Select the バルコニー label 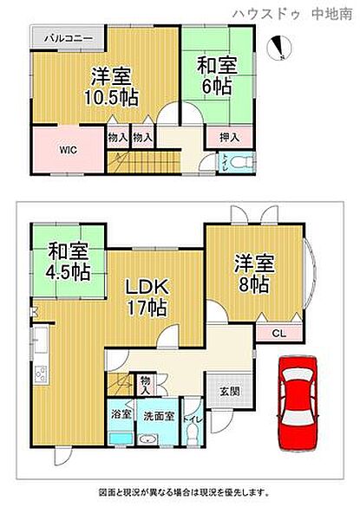pos(63,39)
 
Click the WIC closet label pos(68,149)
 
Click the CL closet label pos(278,332)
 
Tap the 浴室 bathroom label pos(121,415)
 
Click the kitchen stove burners pos(40,375)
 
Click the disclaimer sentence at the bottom pos(180,493)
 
